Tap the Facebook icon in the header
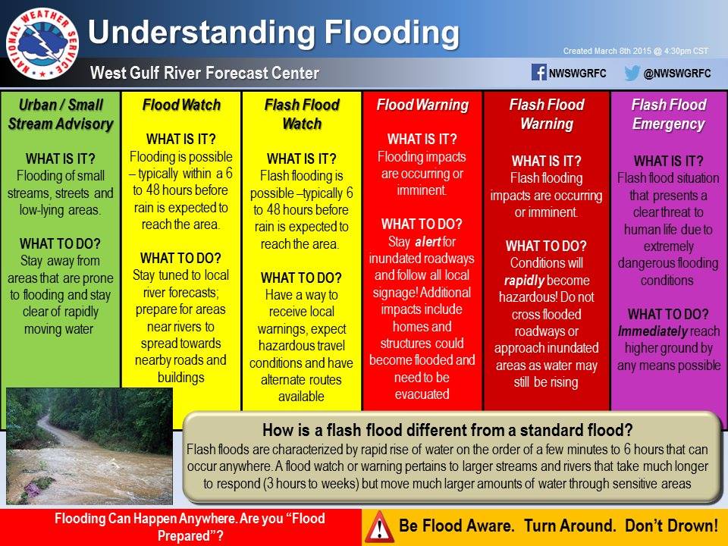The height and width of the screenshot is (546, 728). point(539,74)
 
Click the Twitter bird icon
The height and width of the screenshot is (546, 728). point(632,74)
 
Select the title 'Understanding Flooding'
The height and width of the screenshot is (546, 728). point(274,33)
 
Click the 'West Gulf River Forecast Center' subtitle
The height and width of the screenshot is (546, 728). point(204,74)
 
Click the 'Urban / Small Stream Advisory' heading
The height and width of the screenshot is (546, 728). point(61,115)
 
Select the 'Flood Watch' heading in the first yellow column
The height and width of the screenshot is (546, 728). point(181,105)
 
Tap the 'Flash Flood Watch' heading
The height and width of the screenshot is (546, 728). point(302,115)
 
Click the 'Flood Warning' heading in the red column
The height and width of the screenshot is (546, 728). point(422,105)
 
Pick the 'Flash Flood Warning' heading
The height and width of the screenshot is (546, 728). point(546,115)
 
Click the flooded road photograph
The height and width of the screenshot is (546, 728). point(89,446)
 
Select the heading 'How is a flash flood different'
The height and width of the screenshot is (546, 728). point(447,428)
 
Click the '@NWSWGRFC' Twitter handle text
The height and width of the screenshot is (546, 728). point(677,74)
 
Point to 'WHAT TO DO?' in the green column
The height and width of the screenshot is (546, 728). point(61,244)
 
